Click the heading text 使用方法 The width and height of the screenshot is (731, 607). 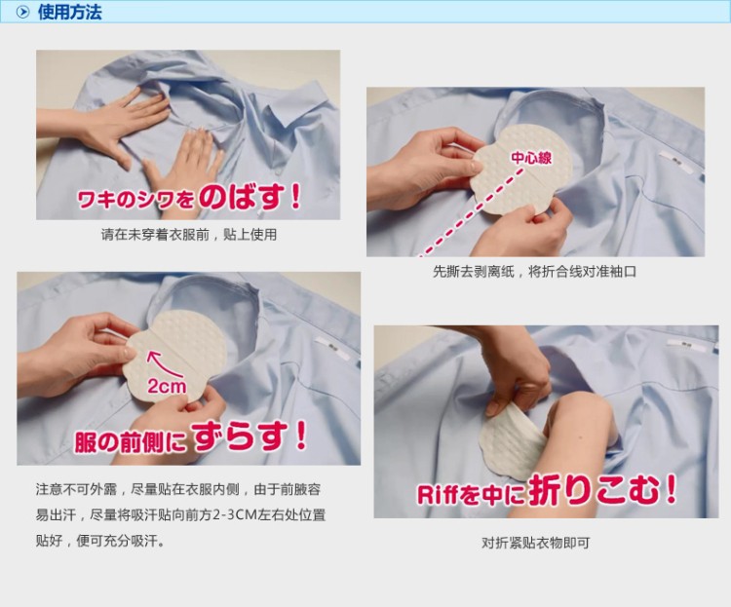point(69,12)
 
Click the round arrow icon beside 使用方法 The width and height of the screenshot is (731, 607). point(22,12)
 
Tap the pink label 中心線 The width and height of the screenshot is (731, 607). point(531,158)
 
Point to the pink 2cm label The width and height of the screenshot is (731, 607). point(167,386)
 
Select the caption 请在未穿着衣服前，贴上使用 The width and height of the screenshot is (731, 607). point(189,234)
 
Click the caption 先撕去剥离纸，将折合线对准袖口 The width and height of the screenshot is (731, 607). point(534,271)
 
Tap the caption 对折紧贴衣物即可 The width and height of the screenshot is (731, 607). point(536,543)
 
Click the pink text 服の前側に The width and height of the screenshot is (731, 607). point(131,441)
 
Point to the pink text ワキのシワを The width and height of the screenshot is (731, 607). point(135,201)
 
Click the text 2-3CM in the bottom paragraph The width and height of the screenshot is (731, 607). point(231,515)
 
